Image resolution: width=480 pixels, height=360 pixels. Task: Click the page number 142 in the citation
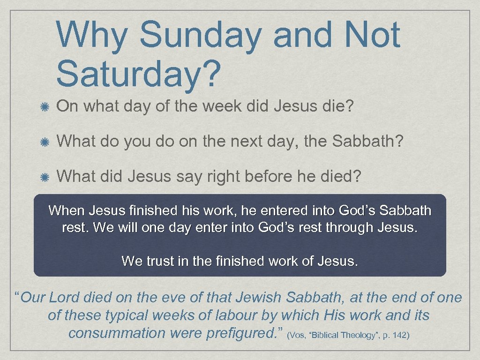click(402, 335)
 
